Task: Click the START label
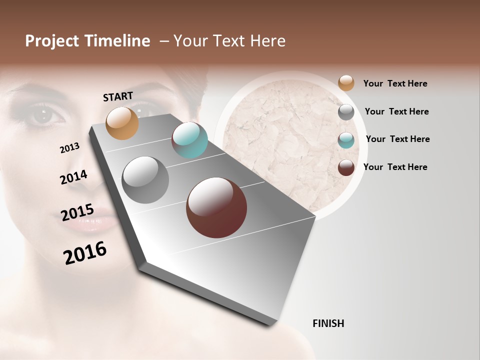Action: pyautogui.click(x=118, y=96)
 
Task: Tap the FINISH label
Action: pyautogui.click(x=328, y=323)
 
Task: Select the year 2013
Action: pyautogui.click(x=70, y=148)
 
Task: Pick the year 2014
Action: pyautogui.click(x=74, y=177)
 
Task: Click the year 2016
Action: pyautogui.click(x=85, y=253)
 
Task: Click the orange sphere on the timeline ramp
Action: pyautogui.click(x=122, y=123)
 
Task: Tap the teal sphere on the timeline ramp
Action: pyautogui.click(x=189, y=140)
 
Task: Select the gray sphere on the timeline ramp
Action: pyautogui.click(x=145, y=180)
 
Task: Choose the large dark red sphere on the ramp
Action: pyautogui.click(x=216, y=207)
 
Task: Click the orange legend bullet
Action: pyautogui.click(x=346, y=83)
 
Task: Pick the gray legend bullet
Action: pyautogui.click(x=346, y=112)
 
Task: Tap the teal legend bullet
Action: pyautogui.click(x=346, y=140)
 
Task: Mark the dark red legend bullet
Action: pyautogui.click(x=346, y=167)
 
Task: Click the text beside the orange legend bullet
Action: pyautogui.click(x=395, y=84)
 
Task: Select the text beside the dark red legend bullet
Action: pyautogui.click(x=395, y=167)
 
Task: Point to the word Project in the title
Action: pyautogui.click(x=52, y=41)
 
